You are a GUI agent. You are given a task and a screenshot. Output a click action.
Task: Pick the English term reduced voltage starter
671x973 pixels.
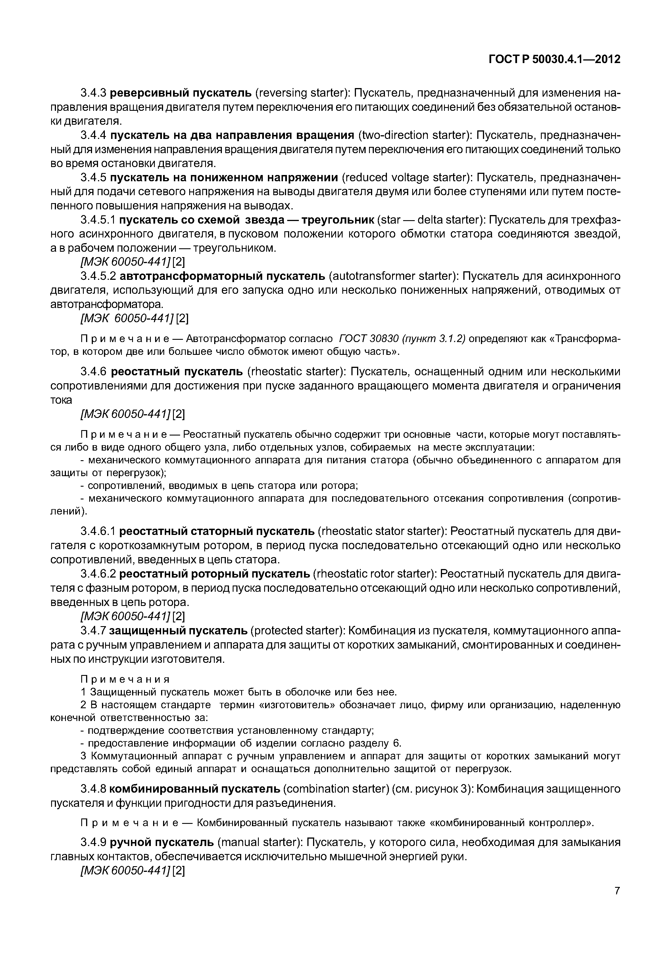(405, 178)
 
